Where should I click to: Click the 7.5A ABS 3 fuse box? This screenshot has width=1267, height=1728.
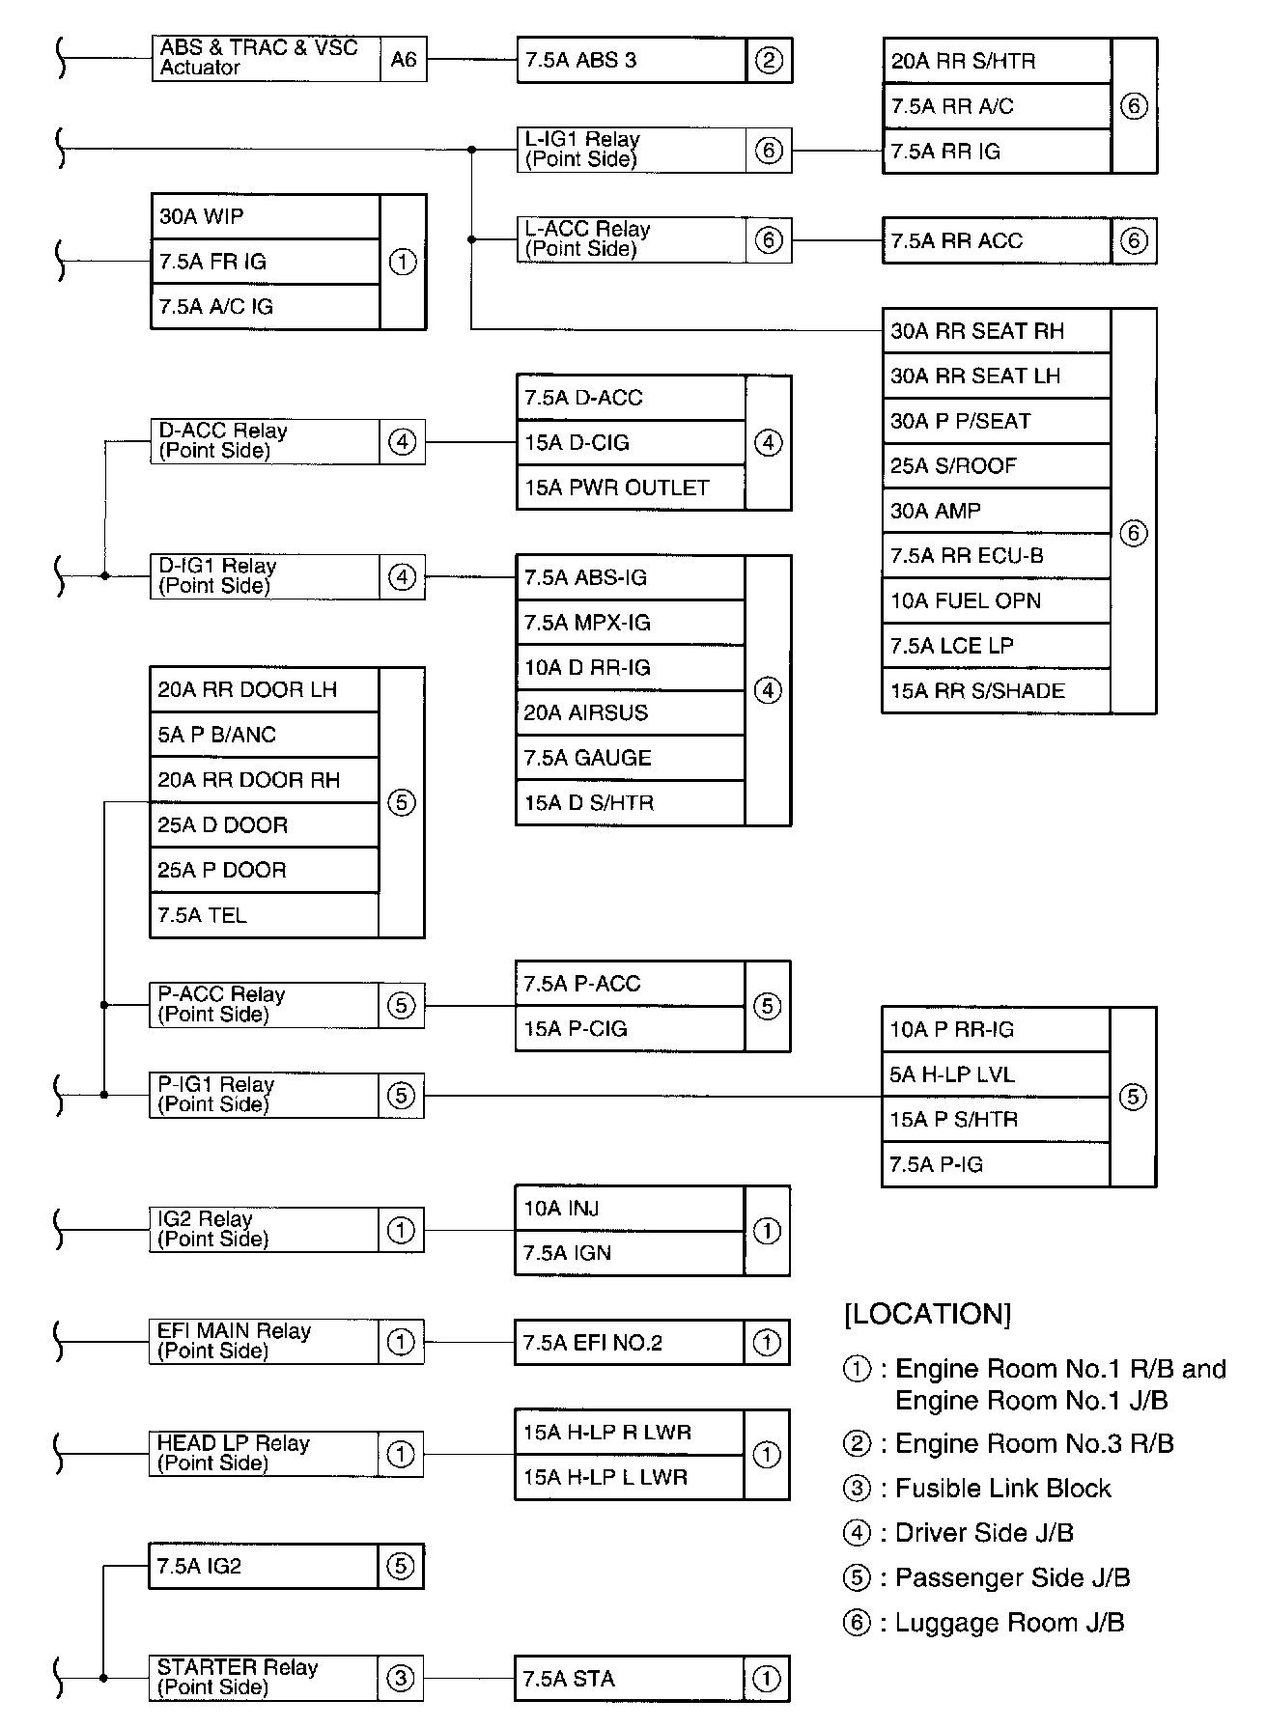(x=632, y=61)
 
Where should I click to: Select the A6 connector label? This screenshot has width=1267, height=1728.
(x=404, y=60)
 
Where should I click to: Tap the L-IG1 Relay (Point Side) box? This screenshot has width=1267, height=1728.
(x=632, y=150)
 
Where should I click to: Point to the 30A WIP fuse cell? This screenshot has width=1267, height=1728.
(x=266, y=217)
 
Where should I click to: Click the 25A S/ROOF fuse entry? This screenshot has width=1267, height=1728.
(x=996, y=466)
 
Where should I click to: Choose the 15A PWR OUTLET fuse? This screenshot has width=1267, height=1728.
(x=631, y=488)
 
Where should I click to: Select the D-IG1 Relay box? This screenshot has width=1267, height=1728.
(x=265, y=576)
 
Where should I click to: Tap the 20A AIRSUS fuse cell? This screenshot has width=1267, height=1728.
(x=631, y=713)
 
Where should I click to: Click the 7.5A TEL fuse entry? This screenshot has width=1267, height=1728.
(x=264, y=915)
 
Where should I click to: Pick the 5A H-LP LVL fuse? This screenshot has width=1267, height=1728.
(x=996, y=1074)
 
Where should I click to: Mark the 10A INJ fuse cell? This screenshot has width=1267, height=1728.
(x=630, y=1209)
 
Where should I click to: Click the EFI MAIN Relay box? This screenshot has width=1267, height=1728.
(x=264, y=1342)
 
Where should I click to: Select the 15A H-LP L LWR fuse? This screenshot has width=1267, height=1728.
(x=629, y=1477)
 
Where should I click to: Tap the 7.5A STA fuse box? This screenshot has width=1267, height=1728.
(x=630, y=1680)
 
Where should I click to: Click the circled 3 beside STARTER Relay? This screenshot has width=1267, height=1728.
(x=400, y=1679)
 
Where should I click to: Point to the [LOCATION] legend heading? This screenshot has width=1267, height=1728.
(x=927, y=1314)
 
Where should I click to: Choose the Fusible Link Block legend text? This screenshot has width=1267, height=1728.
(x=1002, y=1489)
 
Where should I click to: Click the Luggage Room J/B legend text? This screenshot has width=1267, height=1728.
(x=1009, y=1623)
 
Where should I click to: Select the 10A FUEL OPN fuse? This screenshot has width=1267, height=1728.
(x=996, y=601)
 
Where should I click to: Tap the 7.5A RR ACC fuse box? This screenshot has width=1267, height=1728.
(x=997, y=241)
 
